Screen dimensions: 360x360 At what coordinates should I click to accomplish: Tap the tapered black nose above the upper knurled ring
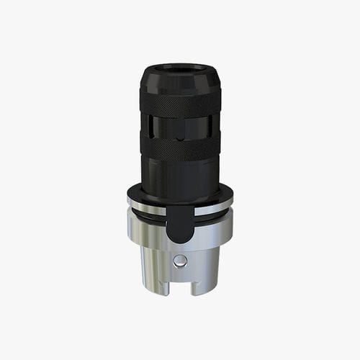coord(180,81)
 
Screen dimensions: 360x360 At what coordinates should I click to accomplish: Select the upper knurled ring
coord(180,102)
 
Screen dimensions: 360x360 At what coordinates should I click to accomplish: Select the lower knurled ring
coord(180,148)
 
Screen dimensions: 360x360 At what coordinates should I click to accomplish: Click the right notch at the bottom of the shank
coord(197,288)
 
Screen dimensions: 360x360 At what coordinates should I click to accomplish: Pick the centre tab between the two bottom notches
coord(180,287)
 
